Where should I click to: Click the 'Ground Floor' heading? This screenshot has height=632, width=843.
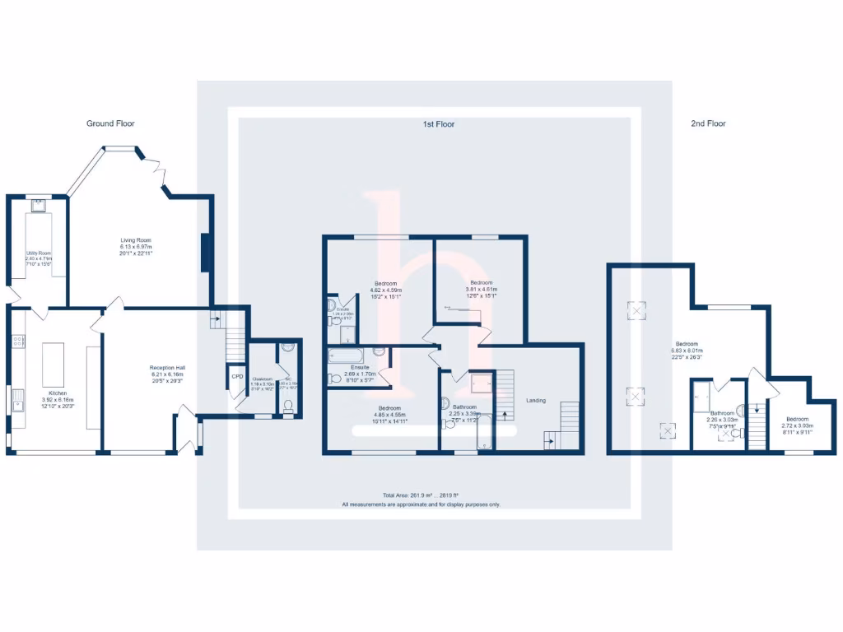110,123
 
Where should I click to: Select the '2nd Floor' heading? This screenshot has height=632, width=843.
708,123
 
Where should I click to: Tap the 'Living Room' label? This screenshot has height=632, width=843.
136,240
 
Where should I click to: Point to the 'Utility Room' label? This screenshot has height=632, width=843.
39,253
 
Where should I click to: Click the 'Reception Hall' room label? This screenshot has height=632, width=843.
167,367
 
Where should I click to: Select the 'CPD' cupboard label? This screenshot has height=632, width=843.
237,377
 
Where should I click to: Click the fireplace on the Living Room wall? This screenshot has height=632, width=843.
205,253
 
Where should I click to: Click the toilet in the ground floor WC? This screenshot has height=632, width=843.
288,406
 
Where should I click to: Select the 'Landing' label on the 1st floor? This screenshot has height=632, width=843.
536,401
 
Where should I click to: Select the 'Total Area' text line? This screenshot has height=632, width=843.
421,495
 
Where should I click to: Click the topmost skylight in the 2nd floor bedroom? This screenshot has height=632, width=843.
636,310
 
